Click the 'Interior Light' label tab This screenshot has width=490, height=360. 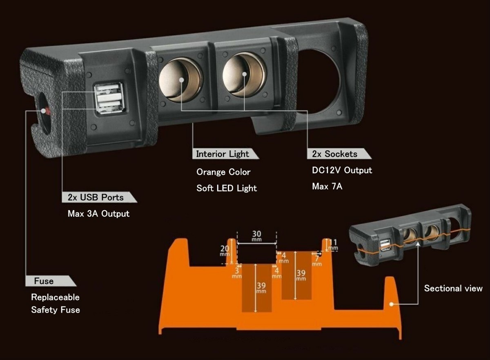click(223, 154)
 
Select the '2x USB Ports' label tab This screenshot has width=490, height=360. click(96, 197)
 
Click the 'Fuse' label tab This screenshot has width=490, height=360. click(44, 281)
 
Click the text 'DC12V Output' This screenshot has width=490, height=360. click(342, 170)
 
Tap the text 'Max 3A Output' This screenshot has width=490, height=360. click(98, 214)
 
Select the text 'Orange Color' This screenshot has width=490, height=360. click(223, 172)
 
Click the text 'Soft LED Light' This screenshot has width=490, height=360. click(227, 188)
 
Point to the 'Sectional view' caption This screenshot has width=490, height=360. click(453, 288)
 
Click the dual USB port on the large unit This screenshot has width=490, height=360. click(108, 98)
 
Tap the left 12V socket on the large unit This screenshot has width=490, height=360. click(180, 80)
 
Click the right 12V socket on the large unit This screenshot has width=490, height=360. click(244, 74)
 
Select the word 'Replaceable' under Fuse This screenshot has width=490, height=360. click(55, 297)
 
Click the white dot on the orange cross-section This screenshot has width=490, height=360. click(391, 304)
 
